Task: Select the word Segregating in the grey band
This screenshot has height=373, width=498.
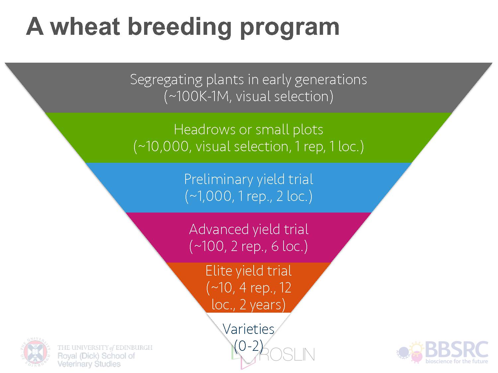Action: point(166,80)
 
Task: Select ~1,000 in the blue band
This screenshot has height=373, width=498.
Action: point(211,196)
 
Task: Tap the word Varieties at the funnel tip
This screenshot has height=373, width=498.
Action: point(248,329)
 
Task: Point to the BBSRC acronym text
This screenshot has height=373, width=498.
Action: point(456,349)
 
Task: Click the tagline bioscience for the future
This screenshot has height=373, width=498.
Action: point(456,361)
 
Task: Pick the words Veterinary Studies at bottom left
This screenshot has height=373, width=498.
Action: point(89,364)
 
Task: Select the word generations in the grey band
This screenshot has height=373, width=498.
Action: point(331,80)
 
